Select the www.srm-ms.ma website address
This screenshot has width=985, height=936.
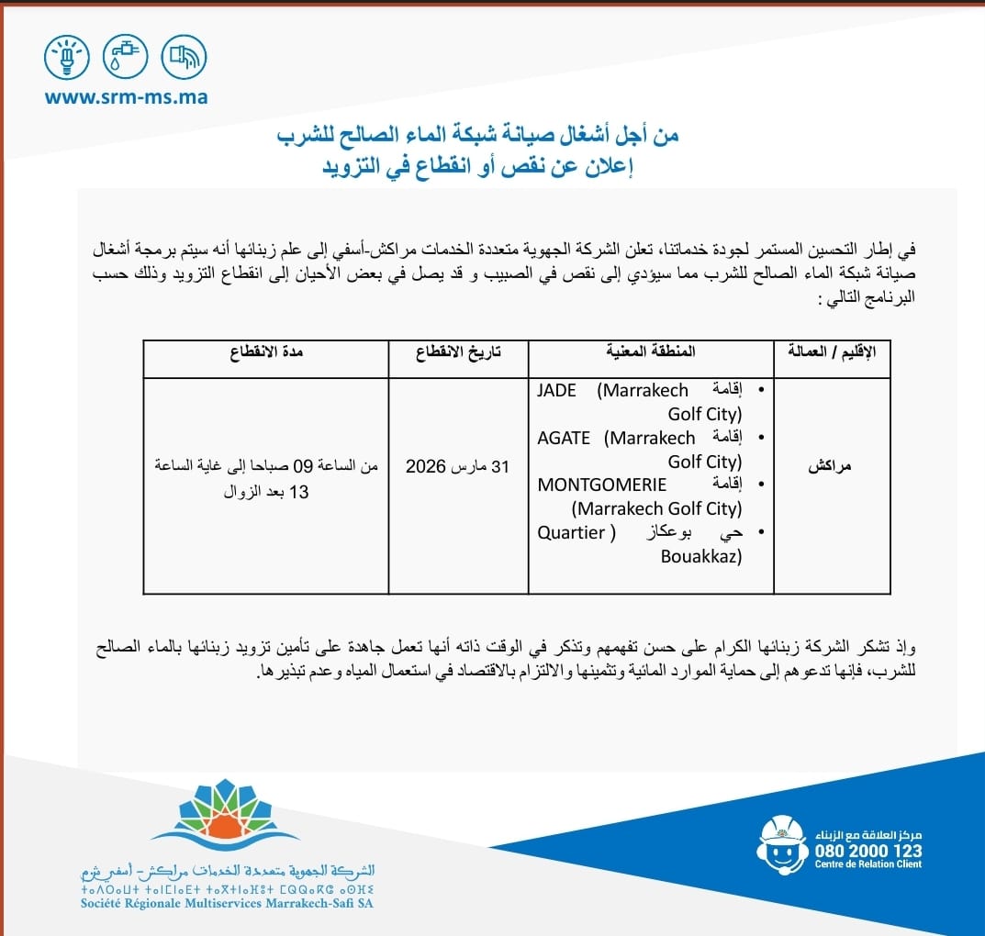(127, 96)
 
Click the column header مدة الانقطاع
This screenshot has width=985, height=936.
(266, 351)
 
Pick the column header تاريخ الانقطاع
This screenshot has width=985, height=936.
(459, 351)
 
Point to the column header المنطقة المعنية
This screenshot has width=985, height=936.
(651, 351)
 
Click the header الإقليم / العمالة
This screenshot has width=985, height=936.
(833, 351)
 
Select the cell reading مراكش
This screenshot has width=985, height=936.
(830, 466)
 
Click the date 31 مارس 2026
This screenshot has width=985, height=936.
(457, 466)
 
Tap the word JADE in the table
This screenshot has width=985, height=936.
(557, 391)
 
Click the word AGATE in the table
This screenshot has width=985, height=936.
(564, 439)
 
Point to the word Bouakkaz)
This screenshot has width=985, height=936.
(701, 556)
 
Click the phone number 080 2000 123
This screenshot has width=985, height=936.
(867, 851)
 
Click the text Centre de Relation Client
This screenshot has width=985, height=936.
(867, 866)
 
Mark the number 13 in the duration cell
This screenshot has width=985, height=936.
(299, 492)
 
